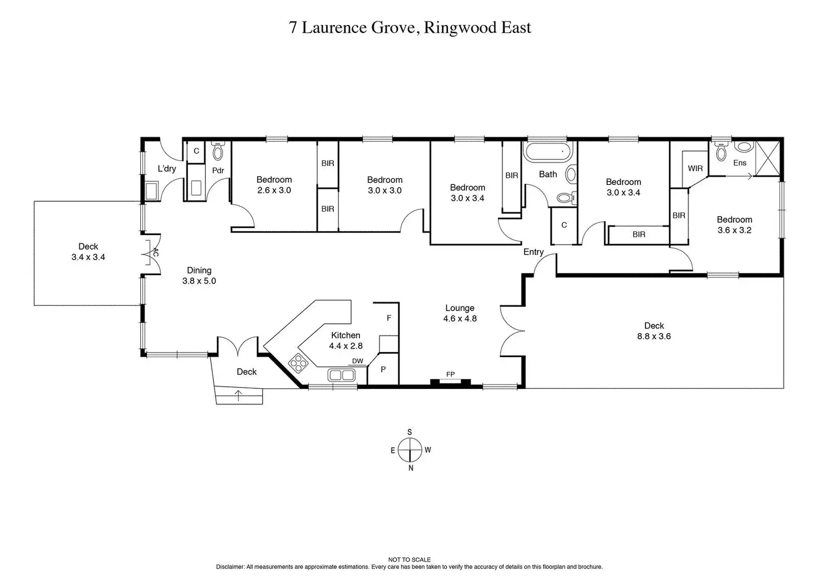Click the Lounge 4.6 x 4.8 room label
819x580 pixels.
tap(460, 313)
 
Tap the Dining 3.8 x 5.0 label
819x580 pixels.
tap(199, 275)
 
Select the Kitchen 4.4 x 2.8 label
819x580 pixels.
tap(346, 340)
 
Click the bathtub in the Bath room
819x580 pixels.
tap(547, 152)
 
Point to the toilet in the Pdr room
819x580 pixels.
tap(218, 151)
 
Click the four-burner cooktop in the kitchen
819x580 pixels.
tap(298, 363)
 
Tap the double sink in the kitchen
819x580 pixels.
tap(342, 375)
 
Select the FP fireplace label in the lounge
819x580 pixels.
tap(450, 374)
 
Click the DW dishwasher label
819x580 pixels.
tap(357, 361)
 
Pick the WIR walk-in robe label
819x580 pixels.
tap(695, 168)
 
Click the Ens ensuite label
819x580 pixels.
tap(739, 163)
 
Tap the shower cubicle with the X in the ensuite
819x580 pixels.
tap(767, 159)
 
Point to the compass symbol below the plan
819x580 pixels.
tap(410, 450)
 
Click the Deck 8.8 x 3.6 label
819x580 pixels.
tap(654, 330)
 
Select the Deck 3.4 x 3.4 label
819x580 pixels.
tap(88, 251)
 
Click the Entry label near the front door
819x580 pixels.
tap(534, 252)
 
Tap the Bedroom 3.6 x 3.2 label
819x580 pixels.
tap(734, 225)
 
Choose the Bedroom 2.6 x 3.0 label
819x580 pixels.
tap(274, 184)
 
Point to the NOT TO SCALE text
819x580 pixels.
tap(409, 559)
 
